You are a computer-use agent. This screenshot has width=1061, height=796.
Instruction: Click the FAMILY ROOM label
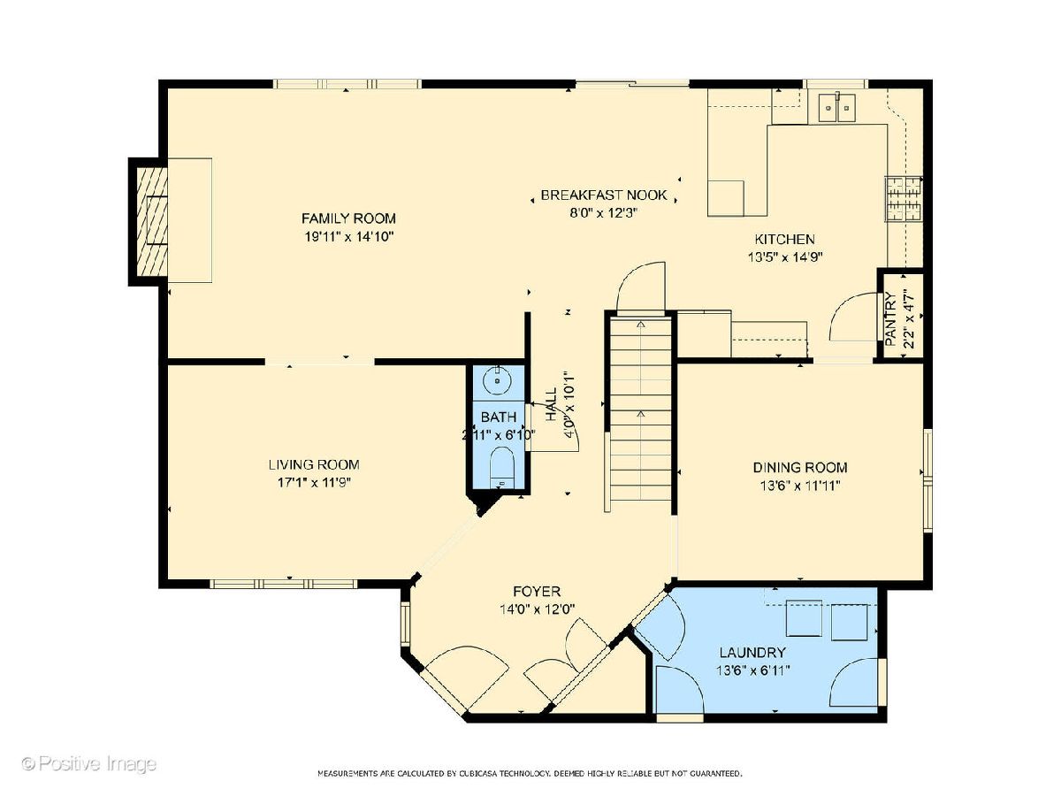(348, 218)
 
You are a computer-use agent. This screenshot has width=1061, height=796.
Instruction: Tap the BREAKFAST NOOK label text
(604, 195)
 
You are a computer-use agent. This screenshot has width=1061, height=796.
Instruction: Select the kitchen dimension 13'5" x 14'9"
(785, 257)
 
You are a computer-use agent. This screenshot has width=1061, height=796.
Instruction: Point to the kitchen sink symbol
(836, 107)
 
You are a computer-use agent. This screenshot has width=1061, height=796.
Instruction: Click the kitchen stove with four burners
(904, 199)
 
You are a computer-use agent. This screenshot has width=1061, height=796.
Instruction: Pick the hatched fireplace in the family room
(152, 221)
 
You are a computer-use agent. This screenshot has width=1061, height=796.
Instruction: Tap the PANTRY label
(891, 319)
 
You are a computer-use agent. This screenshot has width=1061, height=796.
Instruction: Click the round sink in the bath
(498, 382)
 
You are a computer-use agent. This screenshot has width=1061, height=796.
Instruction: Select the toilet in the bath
(501, 468)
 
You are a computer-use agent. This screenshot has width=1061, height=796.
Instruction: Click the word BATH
(499, 417)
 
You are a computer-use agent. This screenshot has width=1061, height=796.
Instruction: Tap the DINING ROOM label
(800, 467)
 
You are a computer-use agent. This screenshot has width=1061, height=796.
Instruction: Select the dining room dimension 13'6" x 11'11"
(800, 486)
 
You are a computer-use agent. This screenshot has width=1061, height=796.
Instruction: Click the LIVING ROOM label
(314, 464)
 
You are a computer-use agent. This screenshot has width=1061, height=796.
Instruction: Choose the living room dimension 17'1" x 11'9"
(314, 482)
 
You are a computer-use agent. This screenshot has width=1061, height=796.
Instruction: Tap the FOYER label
(537, 591)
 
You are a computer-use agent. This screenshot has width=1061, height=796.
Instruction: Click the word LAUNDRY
(752, 653)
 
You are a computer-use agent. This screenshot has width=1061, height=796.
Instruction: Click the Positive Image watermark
(89, 764)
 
